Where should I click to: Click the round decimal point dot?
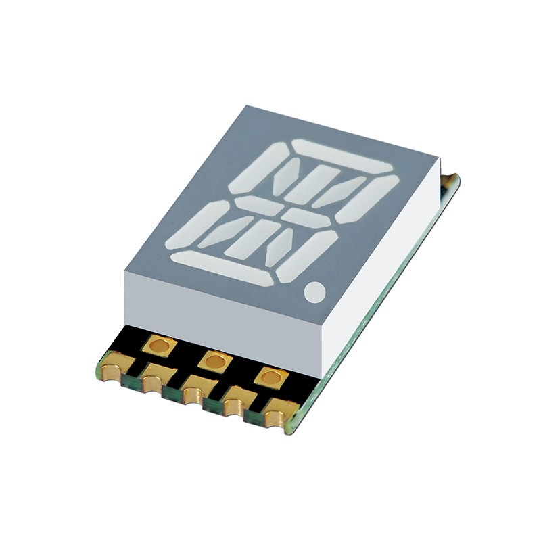click(x=315, y=292)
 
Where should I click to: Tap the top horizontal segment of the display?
click(x=342, y=156)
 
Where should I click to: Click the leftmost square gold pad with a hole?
click(x=160, y=346)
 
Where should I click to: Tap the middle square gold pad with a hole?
click(x=215, y=362)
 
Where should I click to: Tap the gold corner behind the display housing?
click(x=449, y=181)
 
